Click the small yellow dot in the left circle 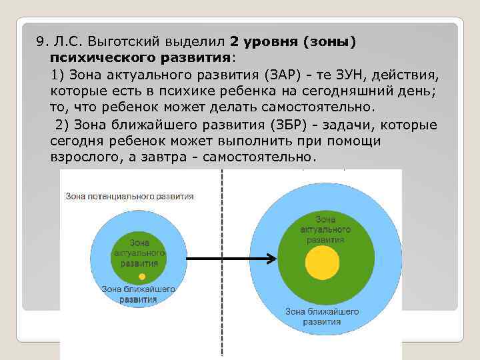coord(141,276)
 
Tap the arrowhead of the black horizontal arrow coord(271,259)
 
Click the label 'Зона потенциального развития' coord(130,197)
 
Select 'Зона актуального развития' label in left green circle coord(139,253)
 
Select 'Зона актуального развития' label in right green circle coord(321,229)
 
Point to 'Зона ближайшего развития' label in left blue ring coord(139,294)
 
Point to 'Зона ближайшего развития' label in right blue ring coord(322,316)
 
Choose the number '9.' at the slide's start coord(42,42)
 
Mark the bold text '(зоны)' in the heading coord(329,42)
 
